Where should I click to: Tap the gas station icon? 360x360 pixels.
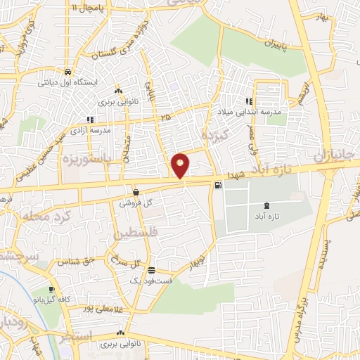point(217,185)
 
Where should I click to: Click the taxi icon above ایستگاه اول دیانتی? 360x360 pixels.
point(66,72)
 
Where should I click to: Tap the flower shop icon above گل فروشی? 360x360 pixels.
point(136,192)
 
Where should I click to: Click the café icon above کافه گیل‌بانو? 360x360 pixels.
point(51,289)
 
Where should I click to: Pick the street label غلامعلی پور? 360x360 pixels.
point(98,307)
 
